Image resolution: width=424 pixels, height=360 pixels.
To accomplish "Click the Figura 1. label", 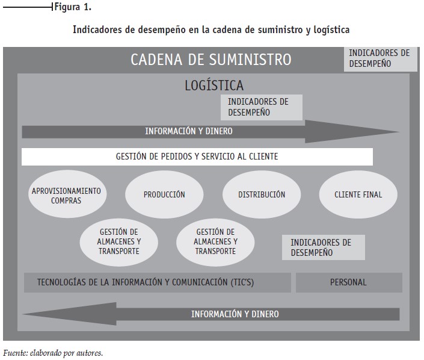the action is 73,7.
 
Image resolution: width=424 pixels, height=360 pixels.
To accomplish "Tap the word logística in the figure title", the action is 331,29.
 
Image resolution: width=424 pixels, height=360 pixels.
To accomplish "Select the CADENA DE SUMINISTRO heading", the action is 211,60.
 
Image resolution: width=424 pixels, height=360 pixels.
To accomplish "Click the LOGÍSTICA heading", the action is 214,85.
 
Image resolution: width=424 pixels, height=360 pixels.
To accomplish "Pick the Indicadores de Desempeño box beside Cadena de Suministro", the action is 381,59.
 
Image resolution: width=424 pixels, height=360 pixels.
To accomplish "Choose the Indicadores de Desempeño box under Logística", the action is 262,107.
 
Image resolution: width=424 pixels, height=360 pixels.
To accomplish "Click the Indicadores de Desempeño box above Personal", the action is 324,247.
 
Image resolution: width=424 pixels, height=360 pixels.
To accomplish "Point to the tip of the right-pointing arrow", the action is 399,132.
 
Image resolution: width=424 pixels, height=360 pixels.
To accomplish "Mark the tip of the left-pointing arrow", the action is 23,314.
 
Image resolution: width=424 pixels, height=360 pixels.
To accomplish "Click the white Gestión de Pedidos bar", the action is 197,157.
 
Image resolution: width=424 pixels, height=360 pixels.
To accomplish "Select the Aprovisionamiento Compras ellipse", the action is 67,194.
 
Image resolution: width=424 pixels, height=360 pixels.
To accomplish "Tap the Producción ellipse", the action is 164,194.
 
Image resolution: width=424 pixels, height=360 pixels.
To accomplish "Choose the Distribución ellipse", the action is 262,194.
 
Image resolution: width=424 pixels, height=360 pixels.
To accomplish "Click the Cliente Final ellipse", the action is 358,194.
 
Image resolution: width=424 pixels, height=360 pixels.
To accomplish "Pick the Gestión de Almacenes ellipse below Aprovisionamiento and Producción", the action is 118,242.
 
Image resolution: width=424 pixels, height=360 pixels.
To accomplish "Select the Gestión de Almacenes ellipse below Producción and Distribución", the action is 215,242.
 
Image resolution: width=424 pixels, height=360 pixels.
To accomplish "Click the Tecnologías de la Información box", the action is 158,282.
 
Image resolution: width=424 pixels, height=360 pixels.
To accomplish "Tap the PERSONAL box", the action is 349,282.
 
